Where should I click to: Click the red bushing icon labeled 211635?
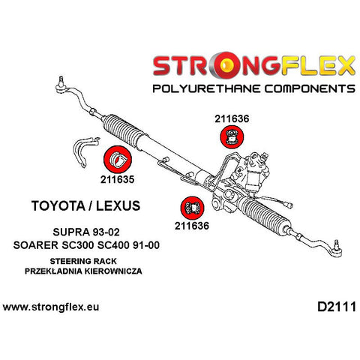[118, 160]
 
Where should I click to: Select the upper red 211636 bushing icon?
[232, 137]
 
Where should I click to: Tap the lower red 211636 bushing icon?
[192, 208]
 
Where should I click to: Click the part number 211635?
[117, 179]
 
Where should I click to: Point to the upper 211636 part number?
[232, 118]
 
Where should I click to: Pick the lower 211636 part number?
[192, 226]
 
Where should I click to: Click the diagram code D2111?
[337, 307]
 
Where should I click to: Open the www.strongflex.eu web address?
[51, 307]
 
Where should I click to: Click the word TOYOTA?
[58, 205]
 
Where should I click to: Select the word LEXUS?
[118, 205]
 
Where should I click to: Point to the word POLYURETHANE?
[206, 88]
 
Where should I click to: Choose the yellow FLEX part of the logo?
[318, 66]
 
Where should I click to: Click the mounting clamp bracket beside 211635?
[85, 151]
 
